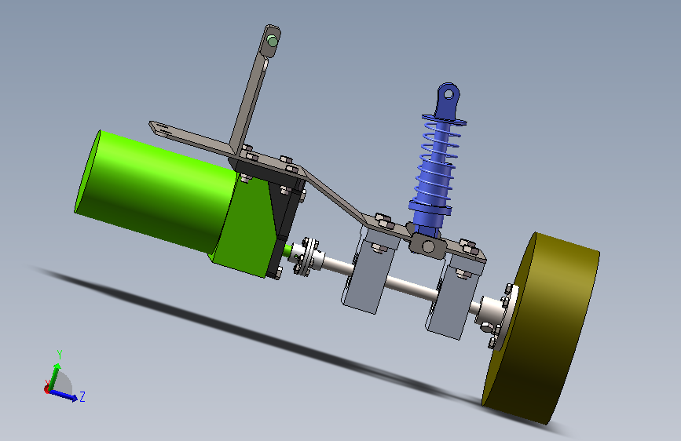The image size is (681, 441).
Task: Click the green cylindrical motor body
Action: pyautogui.click(x=156, y=191)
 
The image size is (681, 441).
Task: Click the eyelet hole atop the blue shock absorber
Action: pyautogui.click(x=449, y=93)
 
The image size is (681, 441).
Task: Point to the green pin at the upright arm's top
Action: pyautogui.click(x=273, y=42)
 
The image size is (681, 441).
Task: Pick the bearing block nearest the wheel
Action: pyautogui.click(x=454, y=295)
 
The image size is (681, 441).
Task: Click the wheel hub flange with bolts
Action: pyautogui.click(x=500, y=316)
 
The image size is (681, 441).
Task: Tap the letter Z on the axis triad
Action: pyautogui.click(x=82, y=396)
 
